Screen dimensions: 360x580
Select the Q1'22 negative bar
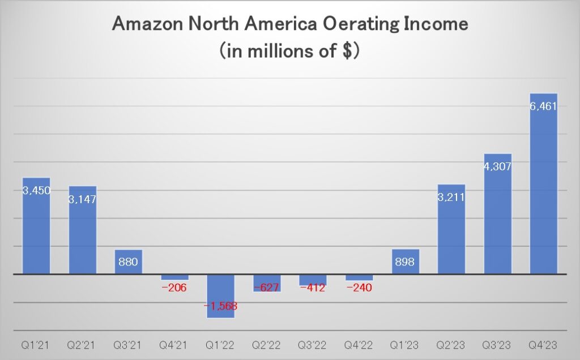(220, 295)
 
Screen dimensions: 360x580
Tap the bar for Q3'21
(129, 262)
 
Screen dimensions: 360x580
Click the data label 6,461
(543, 106)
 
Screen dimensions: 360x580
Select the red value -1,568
(220, 306)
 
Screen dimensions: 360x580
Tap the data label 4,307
(497, 167)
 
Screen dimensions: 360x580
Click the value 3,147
(83, 199)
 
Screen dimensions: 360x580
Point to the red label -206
(174, 288)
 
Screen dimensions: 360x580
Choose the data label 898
(405, 262)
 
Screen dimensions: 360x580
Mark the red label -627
(267, 288)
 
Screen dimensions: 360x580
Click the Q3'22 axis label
(313, 344)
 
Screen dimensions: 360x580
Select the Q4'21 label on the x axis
(174, 344)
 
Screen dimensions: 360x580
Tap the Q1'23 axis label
(405, 344)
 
